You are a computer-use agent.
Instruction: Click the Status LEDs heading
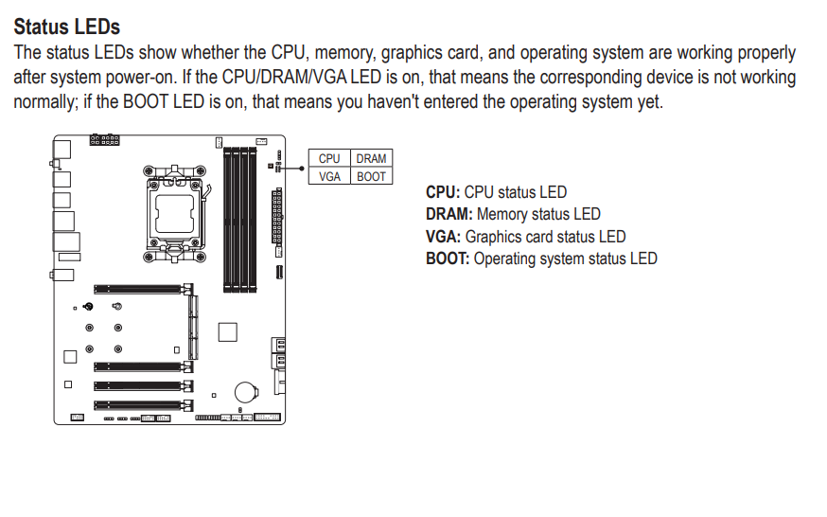(67, 27)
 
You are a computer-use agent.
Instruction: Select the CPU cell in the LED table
(329, 158)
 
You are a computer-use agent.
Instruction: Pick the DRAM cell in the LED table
(371, 158)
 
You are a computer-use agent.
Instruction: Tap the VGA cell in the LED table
(329, 176)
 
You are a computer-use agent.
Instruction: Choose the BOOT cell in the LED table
(371, 176)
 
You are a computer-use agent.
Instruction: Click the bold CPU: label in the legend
(443, 192)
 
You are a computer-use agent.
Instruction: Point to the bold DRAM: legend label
(449, 214)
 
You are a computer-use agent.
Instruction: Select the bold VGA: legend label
(444, 237)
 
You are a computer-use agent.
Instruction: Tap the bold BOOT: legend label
(448, 258)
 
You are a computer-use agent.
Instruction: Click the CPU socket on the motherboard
(174, 214)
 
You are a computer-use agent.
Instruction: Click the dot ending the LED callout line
(302, 169)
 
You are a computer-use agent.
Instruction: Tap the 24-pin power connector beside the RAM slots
(276, 216)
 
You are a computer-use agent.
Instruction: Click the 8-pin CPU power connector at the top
(104, 140)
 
